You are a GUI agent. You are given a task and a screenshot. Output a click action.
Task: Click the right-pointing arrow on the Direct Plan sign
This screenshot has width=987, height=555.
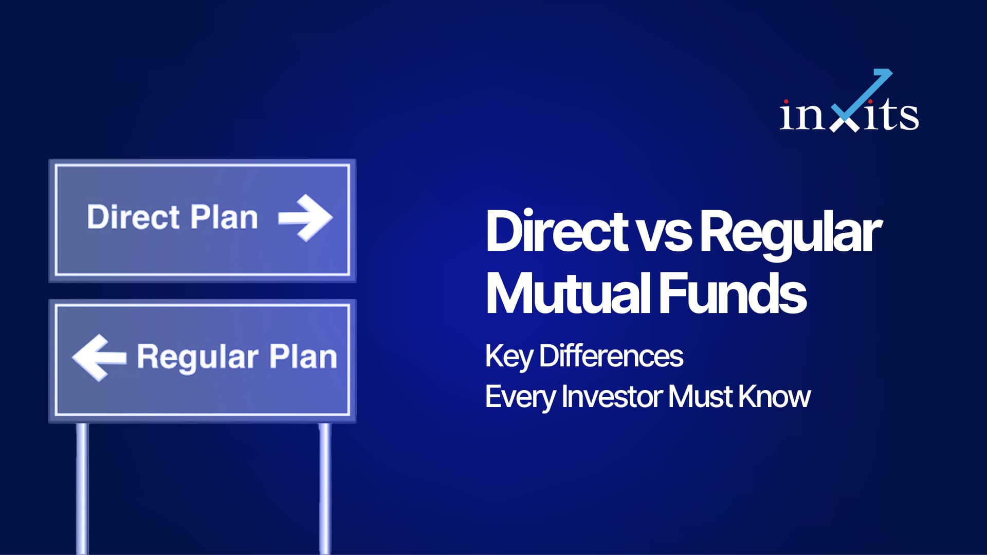(x=305, y=217)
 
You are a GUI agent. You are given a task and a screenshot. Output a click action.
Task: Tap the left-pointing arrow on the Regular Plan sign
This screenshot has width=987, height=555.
(x=99, y=358)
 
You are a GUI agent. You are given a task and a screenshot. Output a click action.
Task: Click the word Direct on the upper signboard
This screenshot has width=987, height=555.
(x=133, y=217)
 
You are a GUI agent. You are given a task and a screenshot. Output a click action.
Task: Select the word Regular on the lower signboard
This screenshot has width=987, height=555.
(x=197, y=358)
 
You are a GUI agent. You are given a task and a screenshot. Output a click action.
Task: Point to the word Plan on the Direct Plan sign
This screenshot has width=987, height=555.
(x=224, y=217)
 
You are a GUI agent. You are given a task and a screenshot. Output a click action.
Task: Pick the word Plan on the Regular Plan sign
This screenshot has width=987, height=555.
(x=303, y=357)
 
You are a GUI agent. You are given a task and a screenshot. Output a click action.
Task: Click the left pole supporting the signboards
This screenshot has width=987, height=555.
(x=82, y=488)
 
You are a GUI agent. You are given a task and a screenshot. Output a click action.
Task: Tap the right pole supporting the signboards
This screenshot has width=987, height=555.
(x=325, y=488)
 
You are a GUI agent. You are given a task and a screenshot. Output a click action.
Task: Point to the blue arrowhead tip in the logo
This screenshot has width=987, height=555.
(x=891, y=71)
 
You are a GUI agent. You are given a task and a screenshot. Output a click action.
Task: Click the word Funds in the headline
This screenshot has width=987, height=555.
(x=733, y=293)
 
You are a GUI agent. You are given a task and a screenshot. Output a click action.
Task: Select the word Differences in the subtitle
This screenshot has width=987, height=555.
(x=611, y=356)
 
